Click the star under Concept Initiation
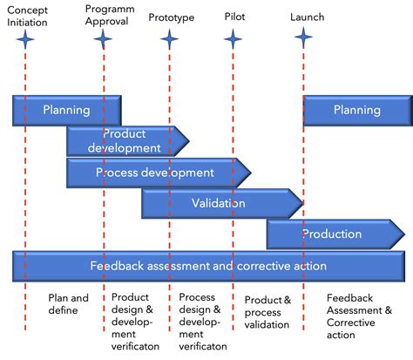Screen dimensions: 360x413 [27, 38]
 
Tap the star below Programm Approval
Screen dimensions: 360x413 [103, 38]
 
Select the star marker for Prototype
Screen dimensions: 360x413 [169, 38]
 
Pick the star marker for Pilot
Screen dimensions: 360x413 [233, 38]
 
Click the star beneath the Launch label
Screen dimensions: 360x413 [303, 37]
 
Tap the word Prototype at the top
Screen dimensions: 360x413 [171, 17]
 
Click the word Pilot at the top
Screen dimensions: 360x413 [234, 17]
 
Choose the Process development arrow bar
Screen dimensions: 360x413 [157, 173]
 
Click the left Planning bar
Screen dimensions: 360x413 [66, 111]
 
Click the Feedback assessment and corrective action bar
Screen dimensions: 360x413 [208, 266]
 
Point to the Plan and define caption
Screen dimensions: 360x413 [69, 303]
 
